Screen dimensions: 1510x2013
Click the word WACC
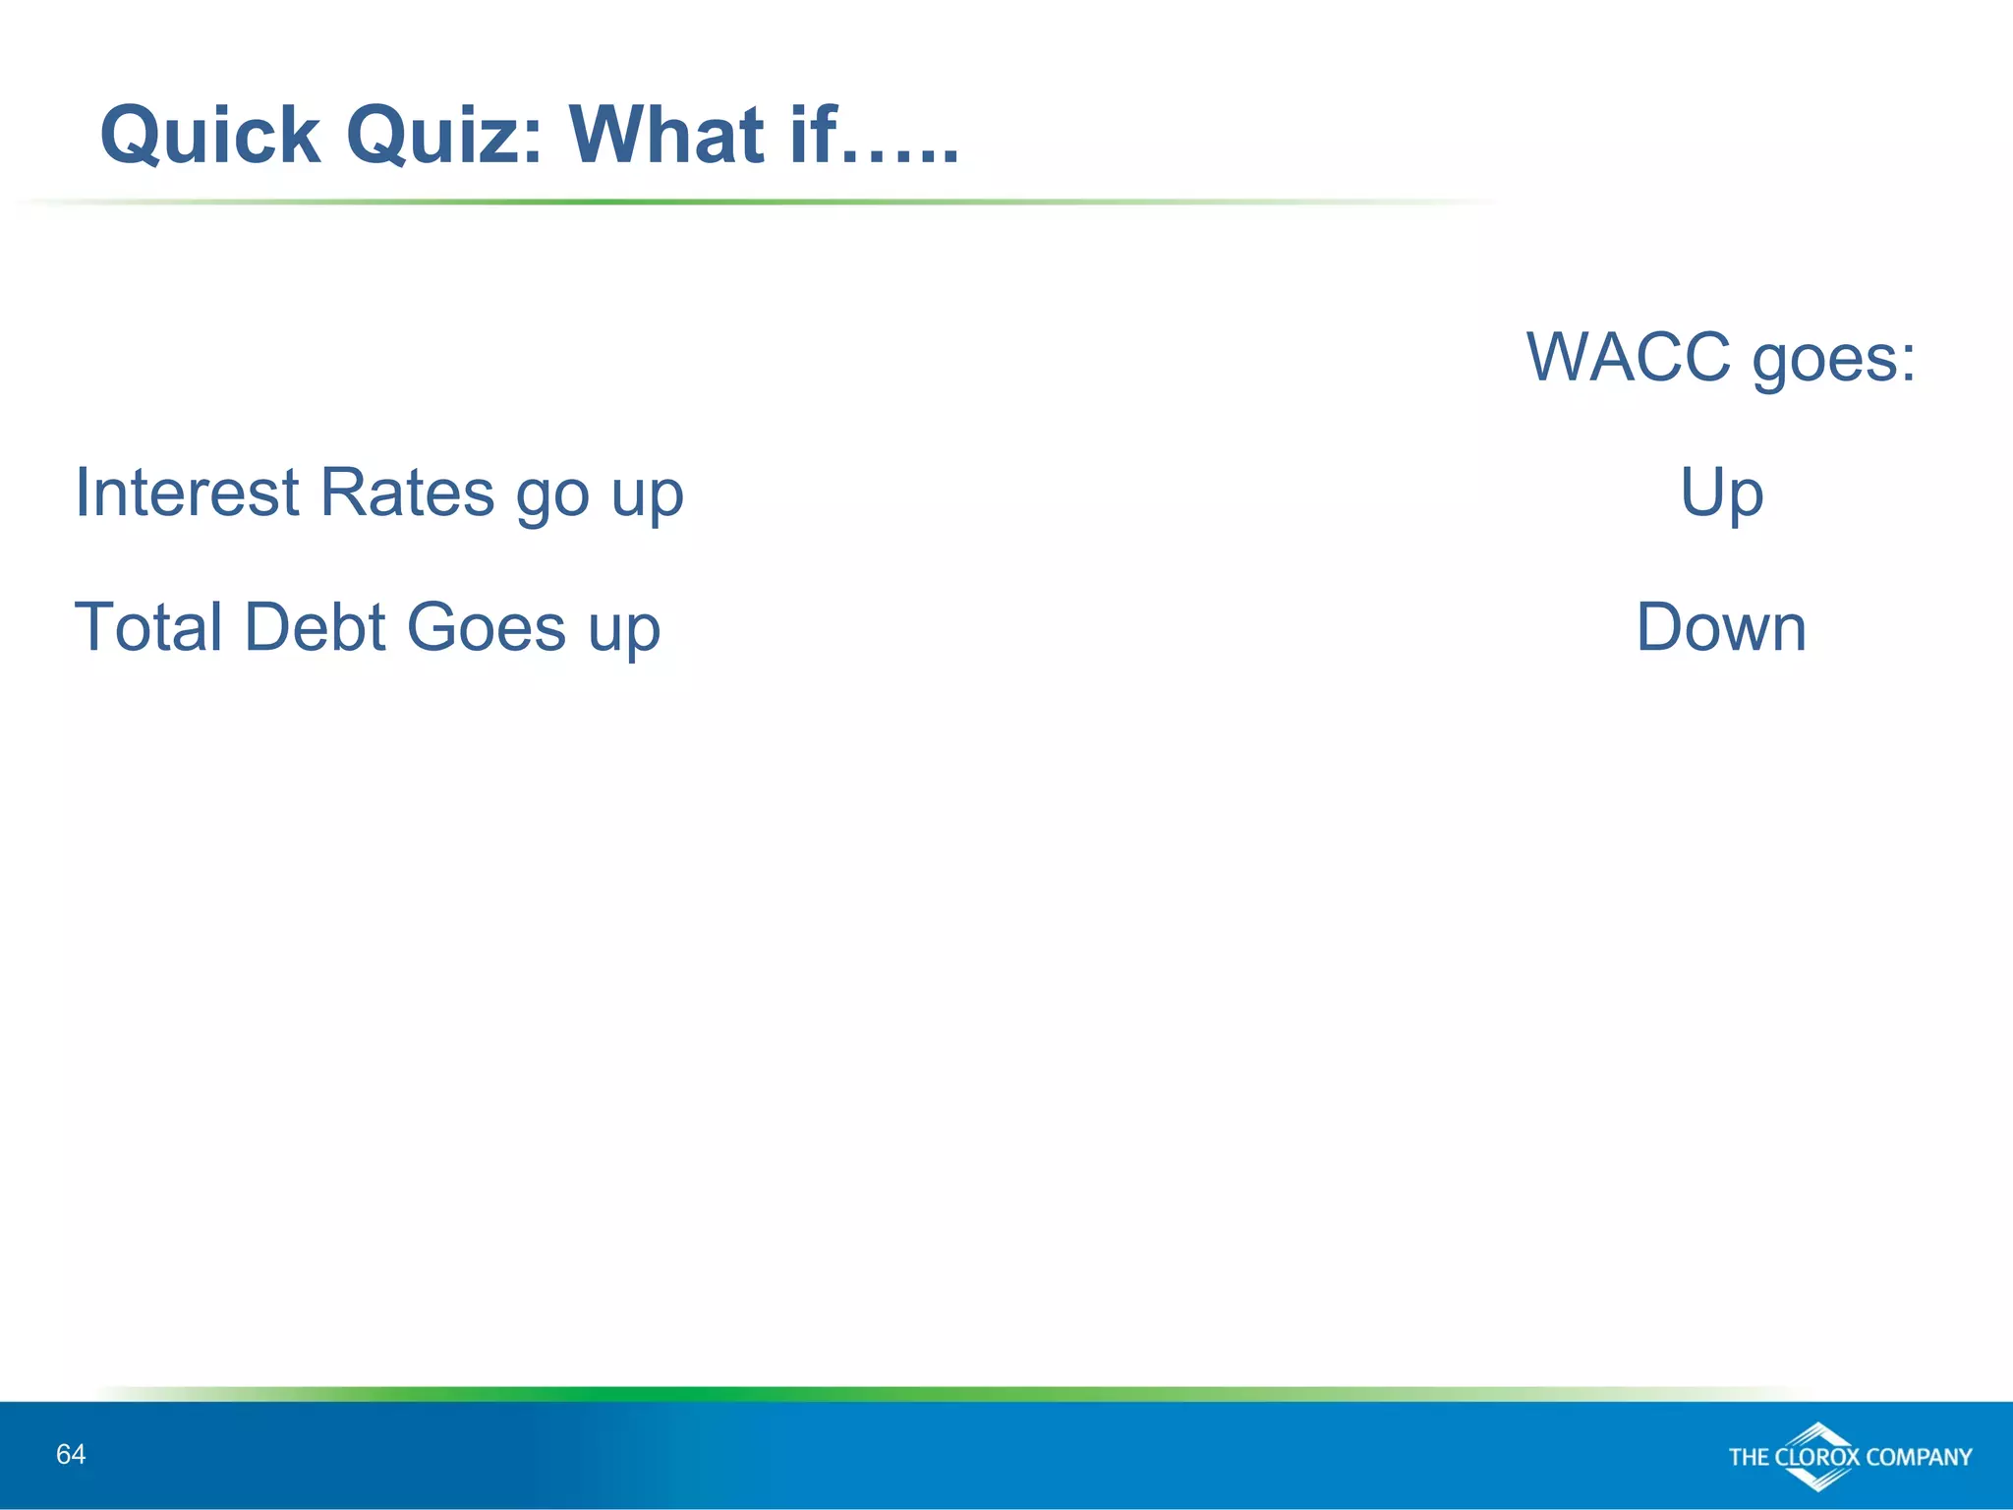pyautogui.click(x=1628, y=357)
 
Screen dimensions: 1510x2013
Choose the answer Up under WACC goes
pyautogui.click(x=1721, y=494)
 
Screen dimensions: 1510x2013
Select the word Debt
pyautogui.click(x=315, y=627)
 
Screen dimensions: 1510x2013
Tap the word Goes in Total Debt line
pyautogui.click(x=486, y=627)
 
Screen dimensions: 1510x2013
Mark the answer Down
pyautogui.click(x=1721, y=627)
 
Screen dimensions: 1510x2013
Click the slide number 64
pyautogui.click(x=71, y=1454)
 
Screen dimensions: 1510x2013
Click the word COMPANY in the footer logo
pyautogui.click(x=1919, y=1457)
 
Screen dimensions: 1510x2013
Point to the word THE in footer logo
pyautogui.click(x=1749, y=1457)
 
